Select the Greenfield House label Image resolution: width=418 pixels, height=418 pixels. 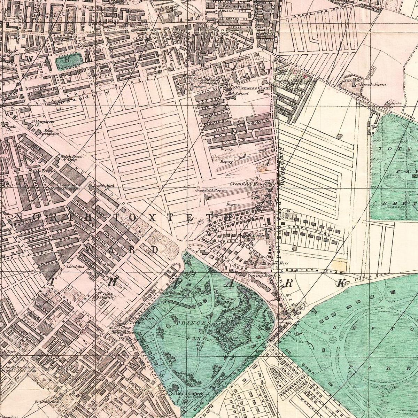[x=248, y=184]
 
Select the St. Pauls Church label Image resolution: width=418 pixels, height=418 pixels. [x=186, y=394]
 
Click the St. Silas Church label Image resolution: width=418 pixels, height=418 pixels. [x=106, y=295]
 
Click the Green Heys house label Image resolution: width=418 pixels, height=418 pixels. [x=274, y=263]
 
